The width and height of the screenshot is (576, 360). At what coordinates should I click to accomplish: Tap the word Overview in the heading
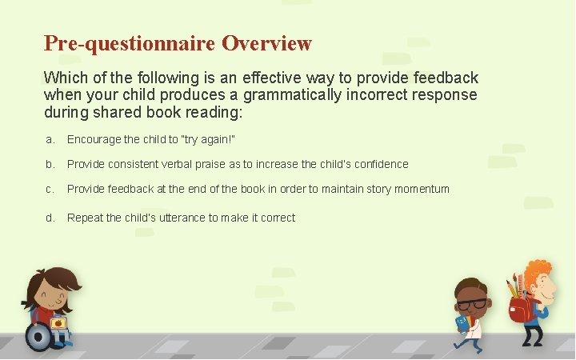(266, 43)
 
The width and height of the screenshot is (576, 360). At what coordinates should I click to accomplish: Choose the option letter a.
(50, 140)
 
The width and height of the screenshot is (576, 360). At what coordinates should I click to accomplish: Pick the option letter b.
(50, 164)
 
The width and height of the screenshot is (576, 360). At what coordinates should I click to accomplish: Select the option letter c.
(50, 190)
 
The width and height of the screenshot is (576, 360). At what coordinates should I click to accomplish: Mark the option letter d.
(50, 218)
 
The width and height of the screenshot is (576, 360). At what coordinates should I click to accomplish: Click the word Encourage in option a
(93, 140)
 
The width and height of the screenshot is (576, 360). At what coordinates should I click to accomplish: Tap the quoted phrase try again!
(209, 140)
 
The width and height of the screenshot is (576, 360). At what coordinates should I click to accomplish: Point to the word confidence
(381, 164)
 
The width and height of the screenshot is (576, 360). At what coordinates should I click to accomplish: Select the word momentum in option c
(422, 190)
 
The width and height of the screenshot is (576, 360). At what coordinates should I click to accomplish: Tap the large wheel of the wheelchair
(38, 336)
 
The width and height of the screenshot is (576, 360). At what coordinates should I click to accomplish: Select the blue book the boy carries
(462, 323)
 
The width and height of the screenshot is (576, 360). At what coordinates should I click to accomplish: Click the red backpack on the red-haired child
(522, 309)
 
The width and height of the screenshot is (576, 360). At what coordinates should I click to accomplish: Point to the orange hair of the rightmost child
(538, 273)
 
